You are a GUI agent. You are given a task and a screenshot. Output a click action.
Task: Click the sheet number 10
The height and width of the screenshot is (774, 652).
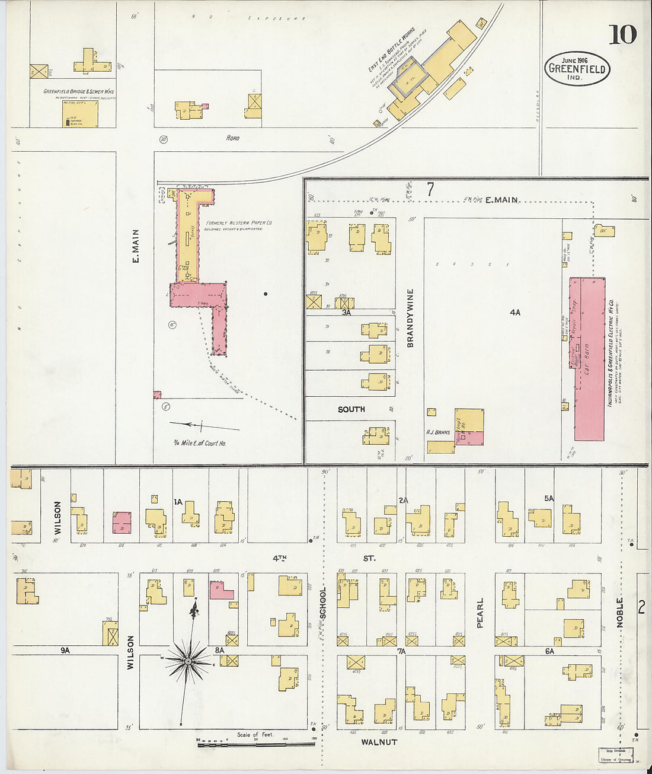click(622, 35)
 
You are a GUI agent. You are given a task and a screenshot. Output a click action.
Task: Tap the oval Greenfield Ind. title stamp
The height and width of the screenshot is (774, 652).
click(576, 68)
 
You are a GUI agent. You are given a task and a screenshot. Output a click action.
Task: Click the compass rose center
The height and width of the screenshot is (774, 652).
click(188, 661)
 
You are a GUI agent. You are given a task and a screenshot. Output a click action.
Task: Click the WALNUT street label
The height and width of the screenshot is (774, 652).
click(379, 742)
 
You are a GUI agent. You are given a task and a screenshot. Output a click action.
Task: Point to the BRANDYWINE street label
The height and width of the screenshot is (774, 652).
click(410, 318)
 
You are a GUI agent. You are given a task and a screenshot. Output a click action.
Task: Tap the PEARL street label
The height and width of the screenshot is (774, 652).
click(480, 613)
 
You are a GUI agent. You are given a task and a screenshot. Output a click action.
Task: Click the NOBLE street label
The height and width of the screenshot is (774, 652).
click(621, 613)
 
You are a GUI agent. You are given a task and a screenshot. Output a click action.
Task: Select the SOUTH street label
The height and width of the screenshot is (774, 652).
click(351, 409)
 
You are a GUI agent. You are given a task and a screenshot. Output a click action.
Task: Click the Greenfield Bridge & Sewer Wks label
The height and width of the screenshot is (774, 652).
click(78, 92)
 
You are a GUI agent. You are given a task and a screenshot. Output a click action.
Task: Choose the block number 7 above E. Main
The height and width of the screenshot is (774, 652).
click(430, 190)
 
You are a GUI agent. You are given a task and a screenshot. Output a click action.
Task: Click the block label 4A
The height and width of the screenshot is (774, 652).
click(514, 312)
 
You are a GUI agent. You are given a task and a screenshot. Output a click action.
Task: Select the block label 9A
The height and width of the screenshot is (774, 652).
click(65, 650)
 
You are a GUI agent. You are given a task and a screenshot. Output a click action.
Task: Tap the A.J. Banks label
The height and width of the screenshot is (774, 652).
click(438, 432)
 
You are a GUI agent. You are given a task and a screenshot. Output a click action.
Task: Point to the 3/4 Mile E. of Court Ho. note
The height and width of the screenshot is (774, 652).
click(200, 443)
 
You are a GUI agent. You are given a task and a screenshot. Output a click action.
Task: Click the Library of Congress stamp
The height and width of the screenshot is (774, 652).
click(616, 754)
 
